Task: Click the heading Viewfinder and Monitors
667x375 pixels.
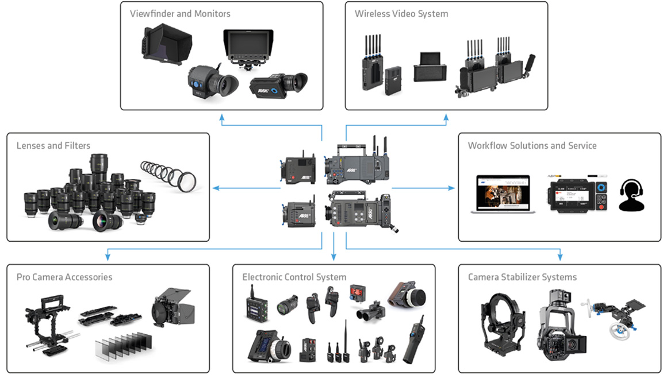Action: (x=180, y=13)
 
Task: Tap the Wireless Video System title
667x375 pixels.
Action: (x=401, y=13)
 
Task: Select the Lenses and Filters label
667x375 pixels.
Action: (x=53, y=146)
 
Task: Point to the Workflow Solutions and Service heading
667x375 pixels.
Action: (x=532, y=146)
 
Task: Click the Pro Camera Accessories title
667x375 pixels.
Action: (x=64, y=277)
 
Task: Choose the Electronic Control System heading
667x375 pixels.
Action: (x=294, y=277)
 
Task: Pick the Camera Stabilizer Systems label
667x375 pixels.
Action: (x=522, y=277)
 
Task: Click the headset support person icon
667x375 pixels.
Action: (x=631, y=195)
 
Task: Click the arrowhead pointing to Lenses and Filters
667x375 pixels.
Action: (x=216, y=188)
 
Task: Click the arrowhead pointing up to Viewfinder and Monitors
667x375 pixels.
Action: (x=222, y=116)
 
